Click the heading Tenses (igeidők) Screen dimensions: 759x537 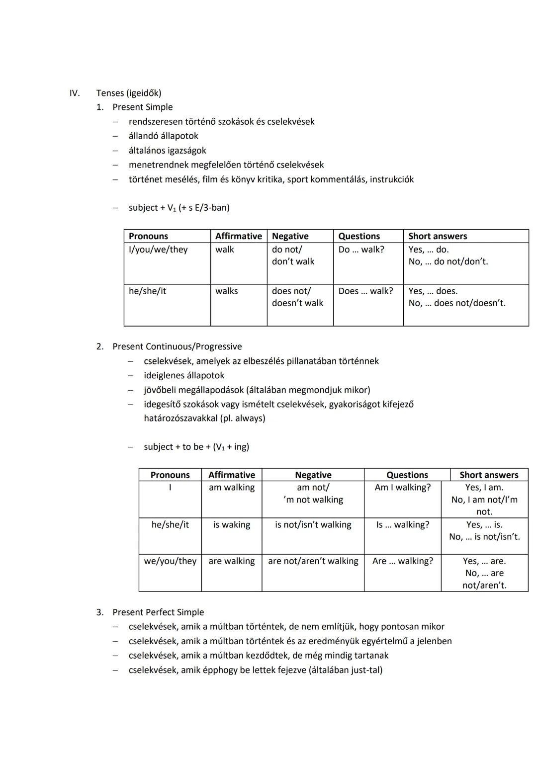click(129, 93)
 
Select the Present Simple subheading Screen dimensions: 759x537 click(142, 107)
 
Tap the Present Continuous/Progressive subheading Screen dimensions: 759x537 click(177, 346)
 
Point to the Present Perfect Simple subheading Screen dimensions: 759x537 click(158, 612)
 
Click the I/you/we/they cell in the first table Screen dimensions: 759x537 click(158, 250)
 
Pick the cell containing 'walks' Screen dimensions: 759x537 click(227, 291)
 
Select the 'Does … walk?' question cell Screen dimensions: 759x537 click(365, 291)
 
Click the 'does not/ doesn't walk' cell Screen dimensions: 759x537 click(297, 297)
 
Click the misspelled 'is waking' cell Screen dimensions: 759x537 click(232, 525)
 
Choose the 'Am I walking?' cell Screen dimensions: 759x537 click(403, 488)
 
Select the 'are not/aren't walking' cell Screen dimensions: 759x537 click(313, 561)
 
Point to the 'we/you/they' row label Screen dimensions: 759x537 click(170, 561)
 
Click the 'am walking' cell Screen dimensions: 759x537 click(232, 488)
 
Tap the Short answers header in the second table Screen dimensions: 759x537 click(489, 475)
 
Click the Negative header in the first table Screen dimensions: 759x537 click(290, 236)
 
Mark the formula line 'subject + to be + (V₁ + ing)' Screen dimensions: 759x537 click(196, 447)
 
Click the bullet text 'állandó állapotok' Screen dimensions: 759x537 click(163, 136)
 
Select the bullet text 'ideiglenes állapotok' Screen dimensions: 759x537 click(184, 375)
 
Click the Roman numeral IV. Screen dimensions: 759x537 click(74, 93)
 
